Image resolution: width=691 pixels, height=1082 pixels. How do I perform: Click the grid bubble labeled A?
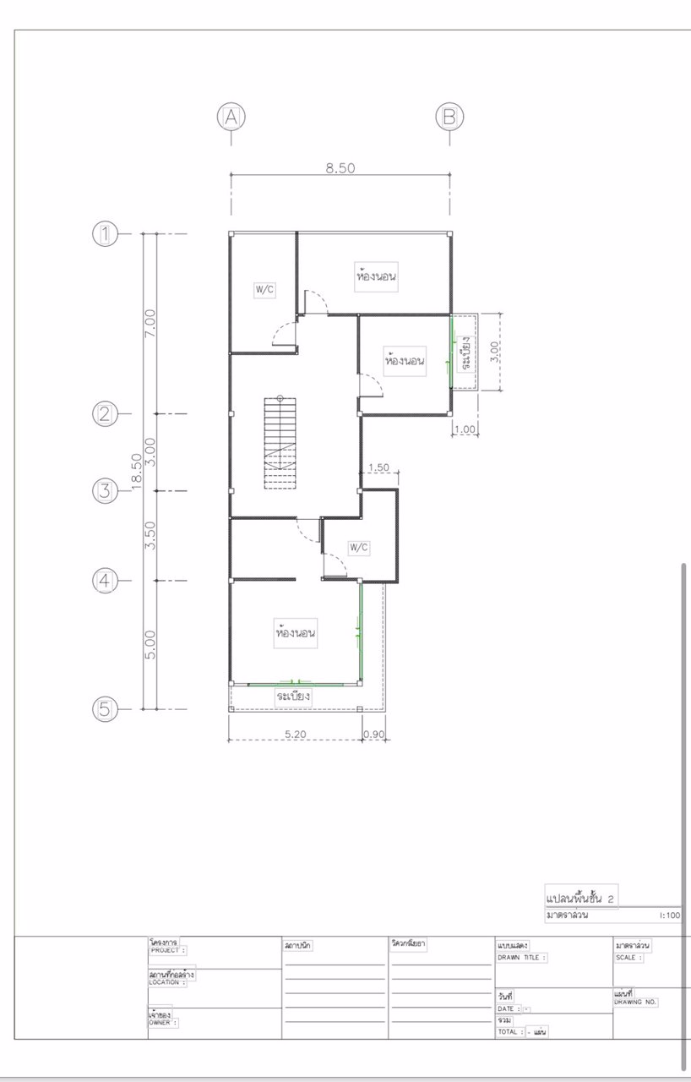pyautogui.click(x=231, y=117)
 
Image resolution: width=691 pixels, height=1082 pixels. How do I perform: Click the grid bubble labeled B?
pyautogui.click(x=449, y=117)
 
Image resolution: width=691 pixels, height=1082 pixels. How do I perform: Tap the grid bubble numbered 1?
pyautogui.click(x=105, y=233)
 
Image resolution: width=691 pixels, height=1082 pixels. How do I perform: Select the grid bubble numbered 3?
pyautogui.click(x=105, y=491)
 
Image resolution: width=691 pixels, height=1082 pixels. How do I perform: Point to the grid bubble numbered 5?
pyautogui.click(x=105, y=709)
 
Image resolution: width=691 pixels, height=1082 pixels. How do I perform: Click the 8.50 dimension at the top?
pyautogui.click(x=340, y=167)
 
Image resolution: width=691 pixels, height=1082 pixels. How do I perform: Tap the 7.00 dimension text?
pyautogui.click(x=150, y=323)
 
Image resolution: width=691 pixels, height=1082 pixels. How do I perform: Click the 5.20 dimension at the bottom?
pyautogui.click(x=295, y=735)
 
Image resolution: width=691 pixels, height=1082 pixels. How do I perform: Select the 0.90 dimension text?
pyautogui.click(x=373, y=735)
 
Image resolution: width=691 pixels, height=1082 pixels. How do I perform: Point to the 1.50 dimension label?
pyautogui.click(x=379, y=467)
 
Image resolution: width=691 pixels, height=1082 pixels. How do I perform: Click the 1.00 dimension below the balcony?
pyautogui.click(x=465, y=429)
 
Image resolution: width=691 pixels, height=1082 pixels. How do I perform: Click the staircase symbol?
pyautogui.click(x=280, y=442)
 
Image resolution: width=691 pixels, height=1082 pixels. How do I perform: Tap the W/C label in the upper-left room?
pyautogui.click(x=264, y=290)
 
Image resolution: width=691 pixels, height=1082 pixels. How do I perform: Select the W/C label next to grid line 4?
pyautogui.click(x=359, y=548)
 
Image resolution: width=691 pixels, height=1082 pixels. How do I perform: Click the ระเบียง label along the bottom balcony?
pyautogui.click(x=294, y=697)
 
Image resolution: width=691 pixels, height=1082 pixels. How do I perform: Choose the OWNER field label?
pyautogui.click(x=163, y=1022)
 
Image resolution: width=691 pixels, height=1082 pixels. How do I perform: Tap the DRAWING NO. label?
pyautogui.click(x=636, y=1002)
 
